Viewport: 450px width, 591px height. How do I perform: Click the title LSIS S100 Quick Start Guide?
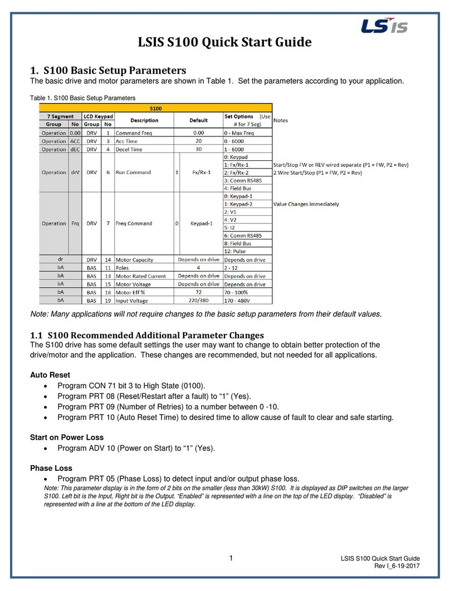pos(224,42)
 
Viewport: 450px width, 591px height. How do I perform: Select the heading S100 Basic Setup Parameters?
pos(107,70)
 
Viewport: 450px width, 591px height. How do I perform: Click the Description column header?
pos(144,120)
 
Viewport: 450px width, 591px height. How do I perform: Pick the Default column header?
pos(198,120)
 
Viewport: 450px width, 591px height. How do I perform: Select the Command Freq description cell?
pos(133,133)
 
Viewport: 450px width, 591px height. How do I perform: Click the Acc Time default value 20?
pos(198,141)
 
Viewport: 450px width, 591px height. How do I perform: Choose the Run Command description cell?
pos(133,173)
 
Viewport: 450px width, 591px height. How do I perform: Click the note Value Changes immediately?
pos(306,204)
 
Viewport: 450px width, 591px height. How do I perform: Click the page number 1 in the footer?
pos(232,558)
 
